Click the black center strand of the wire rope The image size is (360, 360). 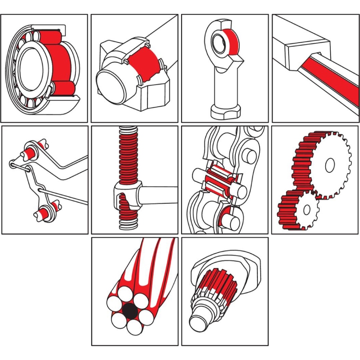[130, 310]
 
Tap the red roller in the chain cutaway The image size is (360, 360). [218, 176]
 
